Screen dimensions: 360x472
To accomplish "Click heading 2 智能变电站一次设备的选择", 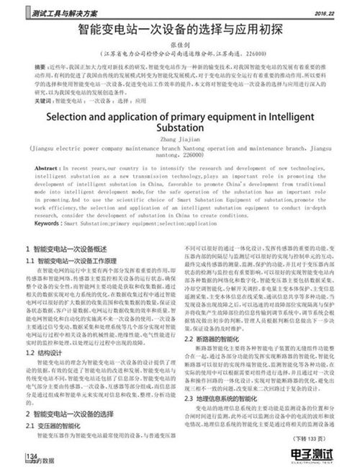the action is point(77,416).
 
